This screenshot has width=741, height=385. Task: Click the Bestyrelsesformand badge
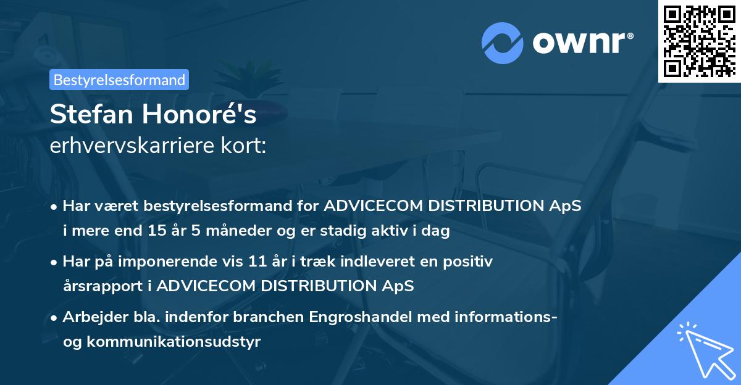point(119,80)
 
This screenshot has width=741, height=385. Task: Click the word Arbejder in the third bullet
point(90,317)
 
